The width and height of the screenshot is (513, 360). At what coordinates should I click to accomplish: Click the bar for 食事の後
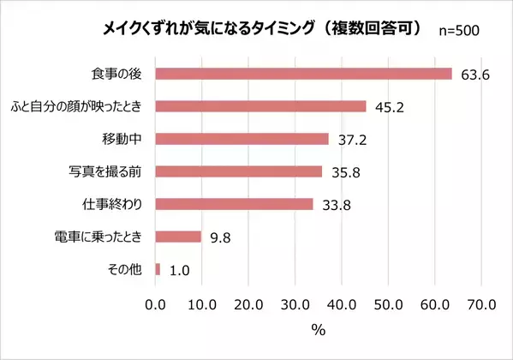tap(303, 74)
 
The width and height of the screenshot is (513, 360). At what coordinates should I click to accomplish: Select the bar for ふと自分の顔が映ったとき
tap(260, 106)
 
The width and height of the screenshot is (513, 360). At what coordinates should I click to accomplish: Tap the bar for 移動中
tap(242, 139)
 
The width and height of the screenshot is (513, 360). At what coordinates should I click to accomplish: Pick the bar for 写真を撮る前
tap(238, 171)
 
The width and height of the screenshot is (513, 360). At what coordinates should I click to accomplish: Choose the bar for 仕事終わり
tap(234, 204)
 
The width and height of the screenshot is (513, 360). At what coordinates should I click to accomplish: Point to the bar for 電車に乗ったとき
tap(178, 237)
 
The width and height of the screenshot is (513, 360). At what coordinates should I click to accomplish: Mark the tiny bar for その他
tap(158, 269)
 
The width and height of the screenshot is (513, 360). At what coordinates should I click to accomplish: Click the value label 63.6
tap(474, 75)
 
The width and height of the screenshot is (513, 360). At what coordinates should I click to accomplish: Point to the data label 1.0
tap(178, 270)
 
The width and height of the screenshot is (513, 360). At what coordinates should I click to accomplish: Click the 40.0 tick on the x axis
tap(341, 303)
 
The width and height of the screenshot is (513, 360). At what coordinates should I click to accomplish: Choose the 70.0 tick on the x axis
tap(480, 303)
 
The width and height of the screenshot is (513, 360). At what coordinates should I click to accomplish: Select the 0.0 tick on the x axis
tap(155, 303)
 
